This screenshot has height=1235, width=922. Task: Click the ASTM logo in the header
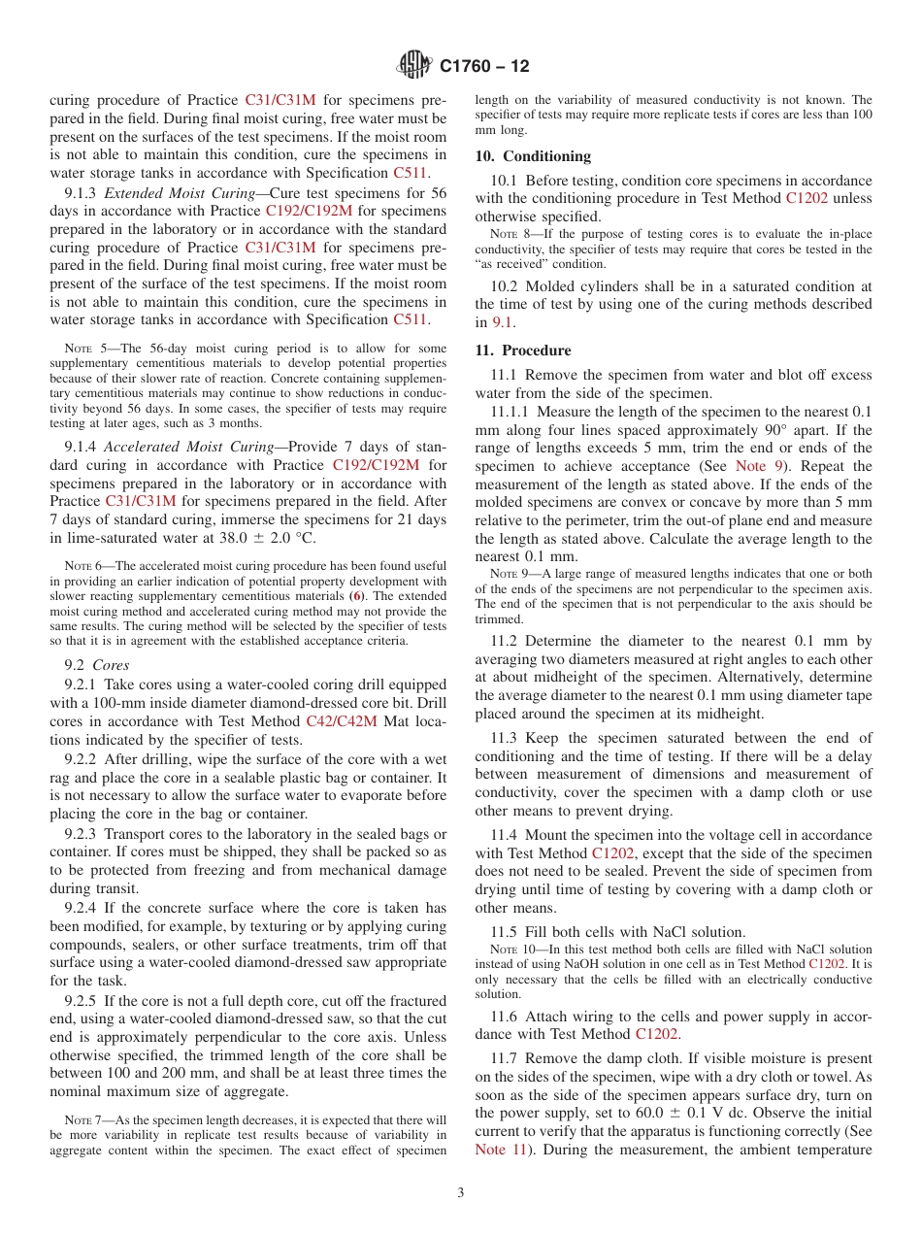pyautogui.click(x=414, y=66)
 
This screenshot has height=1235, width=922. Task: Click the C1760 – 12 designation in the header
pyautogui.click(x=484, y=67)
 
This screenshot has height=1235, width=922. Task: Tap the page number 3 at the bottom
pyautogui.click(x=461, y=1192)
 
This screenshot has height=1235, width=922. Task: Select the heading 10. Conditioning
pyautogui.click(x=533, y=156)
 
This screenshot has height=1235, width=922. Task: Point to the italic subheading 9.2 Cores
pyautogui.click(x=97, y=665)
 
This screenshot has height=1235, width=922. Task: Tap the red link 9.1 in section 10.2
pyautogui.click(x=506, y=322)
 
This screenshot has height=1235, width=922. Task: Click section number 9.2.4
pyautogui.click(x=84, y=908)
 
